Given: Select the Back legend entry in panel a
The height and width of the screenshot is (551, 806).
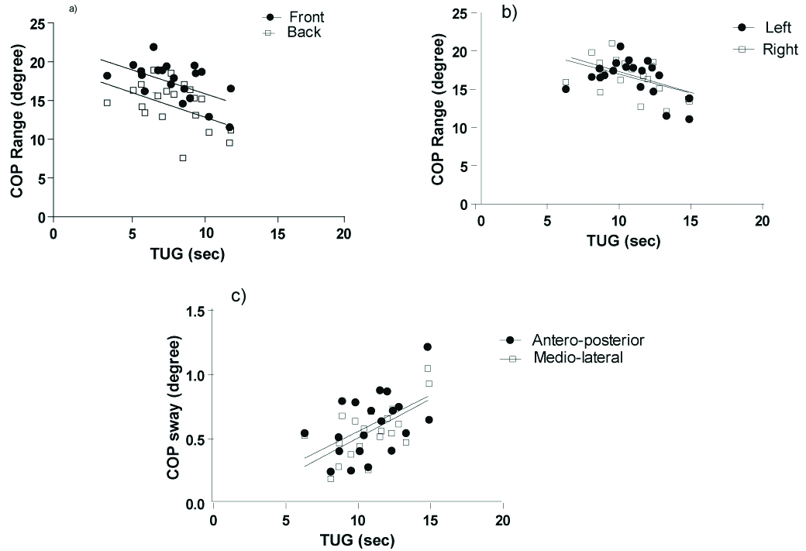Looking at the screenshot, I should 293,33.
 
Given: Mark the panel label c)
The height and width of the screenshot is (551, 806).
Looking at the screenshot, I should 239,296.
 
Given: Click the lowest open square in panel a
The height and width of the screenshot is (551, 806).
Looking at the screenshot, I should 183,158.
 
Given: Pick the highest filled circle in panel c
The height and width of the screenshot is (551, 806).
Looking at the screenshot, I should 427,347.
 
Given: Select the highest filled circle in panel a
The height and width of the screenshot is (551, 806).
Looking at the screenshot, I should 153,47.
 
